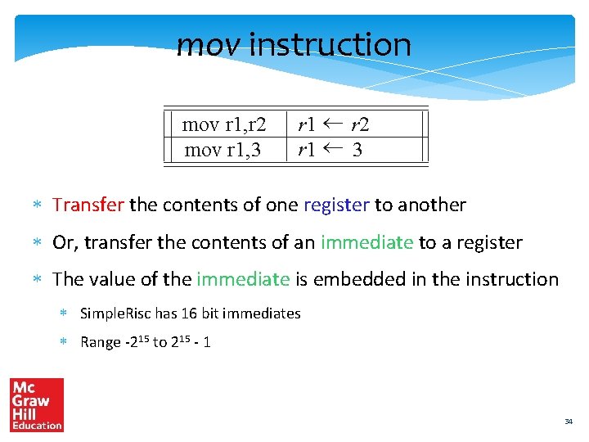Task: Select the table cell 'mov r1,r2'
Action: coord(224,124)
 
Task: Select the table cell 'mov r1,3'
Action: coord(224,149)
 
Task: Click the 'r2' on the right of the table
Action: coord(360,124)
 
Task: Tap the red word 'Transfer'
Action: coord(88,205)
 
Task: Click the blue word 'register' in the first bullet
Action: coord(336,205)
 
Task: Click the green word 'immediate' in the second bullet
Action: coord(367,242)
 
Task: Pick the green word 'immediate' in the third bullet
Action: coord(243,279)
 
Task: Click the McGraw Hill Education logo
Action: coord(37,404)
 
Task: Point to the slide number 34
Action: coord(569,422)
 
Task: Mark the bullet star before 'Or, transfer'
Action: coord(37,243)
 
